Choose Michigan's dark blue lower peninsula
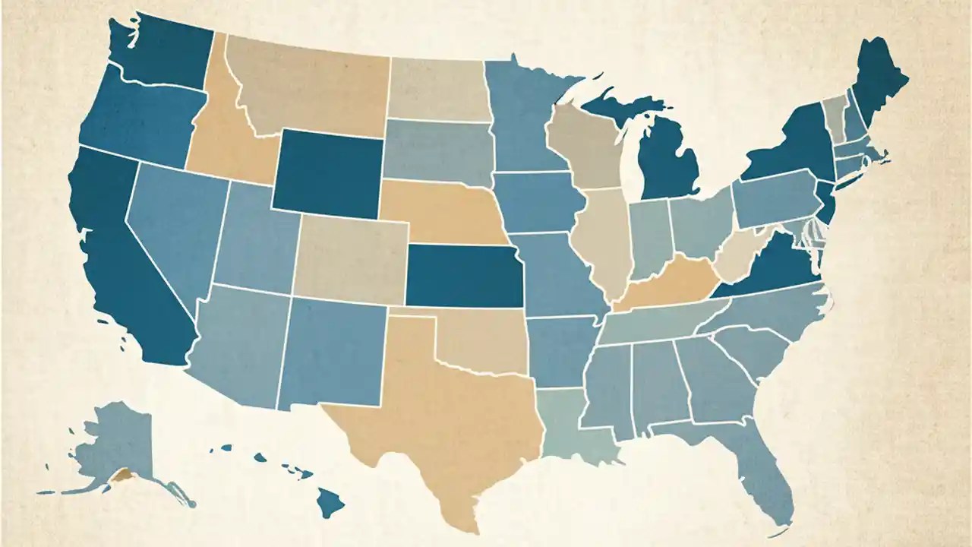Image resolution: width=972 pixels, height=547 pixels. click(x=668, y=163)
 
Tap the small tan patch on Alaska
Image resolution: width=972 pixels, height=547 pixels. click(x=121, y=477)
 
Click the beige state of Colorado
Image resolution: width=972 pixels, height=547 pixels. click(x=349, y=258)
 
